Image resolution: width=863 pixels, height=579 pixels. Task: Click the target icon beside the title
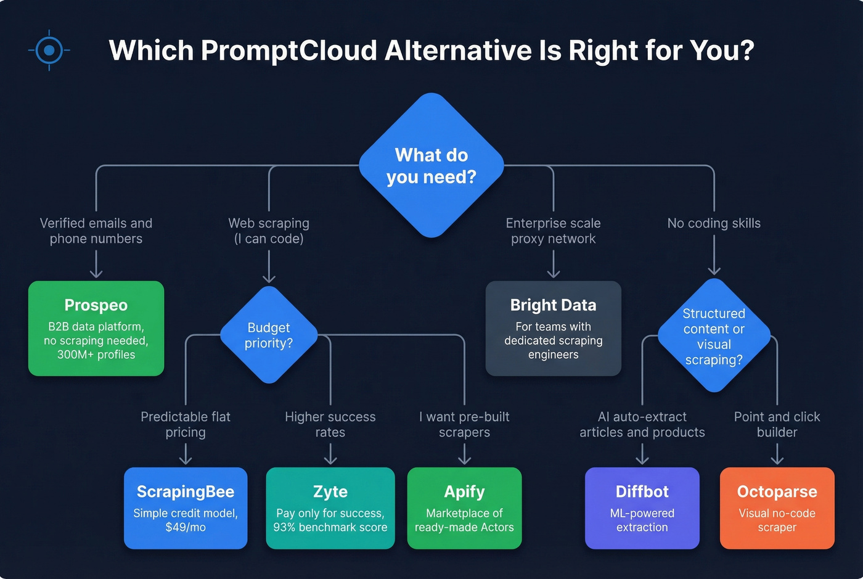tap(49, 50)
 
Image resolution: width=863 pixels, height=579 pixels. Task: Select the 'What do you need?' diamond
tap(431, 165)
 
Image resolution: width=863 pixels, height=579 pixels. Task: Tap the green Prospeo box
tap(96, 328)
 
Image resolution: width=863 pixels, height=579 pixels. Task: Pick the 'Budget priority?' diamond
tap(269, 335)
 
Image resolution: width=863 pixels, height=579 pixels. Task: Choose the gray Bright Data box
tap(553, 328)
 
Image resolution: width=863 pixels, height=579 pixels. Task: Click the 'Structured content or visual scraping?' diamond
tap(714, 336)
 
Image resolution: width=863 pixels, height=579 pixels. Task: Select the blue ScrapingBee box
tap(186, 508)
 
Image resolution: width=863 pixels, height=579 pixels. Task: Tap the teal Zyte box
tap(330, 508)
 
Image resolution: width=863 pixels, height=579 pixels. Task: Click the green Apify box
tap(464, 508)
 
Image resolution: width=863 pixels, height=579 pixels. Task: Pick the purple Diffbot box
tap(642, 508)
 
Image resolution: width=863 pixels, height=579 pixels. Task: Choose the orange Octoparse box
tap(777, 508)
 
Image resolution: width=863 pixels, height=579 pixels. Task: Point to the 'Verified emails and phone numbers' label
tap(96, 231)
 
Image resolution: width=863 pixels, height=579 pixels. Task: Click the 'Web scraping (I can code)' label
tap(269, 231)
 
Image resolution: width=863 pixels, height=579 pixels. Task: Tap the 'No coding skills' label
tap(714, 223)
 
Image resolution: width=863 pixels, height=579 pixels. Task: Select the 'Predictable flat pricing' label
tap(186, 424)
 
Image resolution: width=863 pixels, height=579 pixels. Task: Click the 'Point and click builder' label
tap(777, 424)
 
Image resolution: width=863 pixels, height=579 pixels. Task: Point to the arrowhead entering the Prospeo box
tap(96, 274)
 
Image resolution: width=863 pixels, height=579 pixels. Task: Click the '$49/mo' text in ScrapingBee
tap(186, 527)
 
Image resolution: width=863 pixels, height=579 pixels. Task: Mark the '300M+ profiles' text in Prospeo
tap(96, 355)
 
